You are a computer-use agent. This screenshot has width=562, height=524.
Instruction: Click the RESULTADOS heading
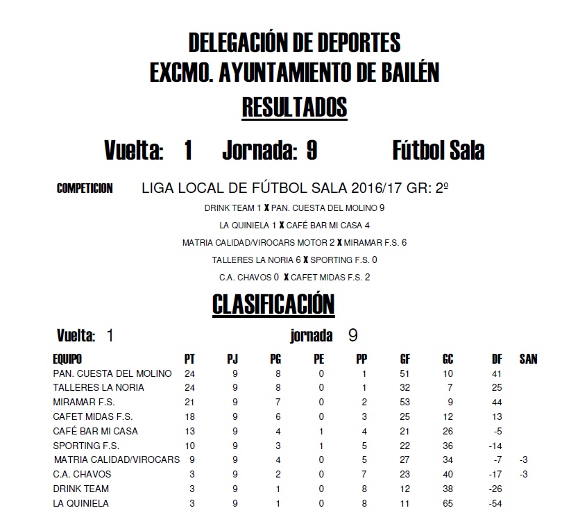(x=294, y=108)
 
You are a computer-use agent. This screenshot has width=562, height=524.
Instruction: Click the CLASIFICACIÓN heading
(x=273, y=304)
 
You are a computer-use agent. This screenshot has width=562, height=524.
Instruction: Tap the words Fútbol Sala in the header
(x=438, y=151)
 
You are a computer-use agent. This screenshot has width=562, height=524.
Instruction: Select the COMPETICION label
(x=85, y=189)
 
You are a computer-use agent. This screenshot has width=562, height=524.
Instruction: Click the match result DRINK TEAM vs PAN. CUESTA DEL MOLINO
(x=294, y=208)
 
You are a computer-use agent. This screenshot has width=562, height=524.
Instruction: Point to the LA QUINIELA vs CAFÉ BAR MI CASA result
(x=294, y=225)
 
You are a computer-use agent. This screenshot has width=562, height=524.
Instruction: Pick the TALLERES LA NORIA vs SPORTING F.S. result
(x=294, y=260)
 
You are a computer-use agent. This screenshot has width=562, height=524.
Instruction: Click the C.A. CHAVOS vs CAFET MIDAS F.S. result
(x=294, y=278)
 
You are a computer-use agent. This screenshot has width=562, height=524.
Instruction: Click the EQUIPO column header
(x=67, y=359)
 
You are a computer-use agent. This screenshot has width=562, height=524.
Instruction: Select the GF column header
(x=405, y=359)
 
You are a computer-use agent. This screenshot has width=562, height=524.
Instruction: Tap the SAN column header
(x=528, y=359)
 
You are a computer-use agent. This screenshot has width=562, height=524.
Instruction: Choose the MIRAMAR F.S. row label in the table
(x=84, y=403)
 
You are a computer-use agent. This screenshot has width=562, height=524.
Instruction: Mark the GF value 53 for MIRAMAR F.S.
(x=405, y=403)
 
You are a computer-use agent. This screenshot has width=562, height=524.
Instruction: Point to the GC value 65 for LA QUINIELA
(x=448, y=504)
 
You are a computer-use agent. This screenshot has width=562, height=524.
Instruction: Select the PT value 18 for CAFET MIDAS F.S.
(x=189, y=416)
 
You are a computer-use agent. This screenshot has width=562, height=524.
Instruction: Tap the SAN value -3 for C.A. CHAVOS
(x=524, y=475)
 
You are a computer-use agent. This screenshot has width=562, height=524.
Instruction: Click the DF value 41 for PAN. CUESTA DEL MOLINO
(x=496, y=373)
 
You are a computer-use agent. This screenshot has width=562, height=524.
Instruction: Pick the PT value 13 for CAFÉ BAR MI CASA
(x=189, y=431)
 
